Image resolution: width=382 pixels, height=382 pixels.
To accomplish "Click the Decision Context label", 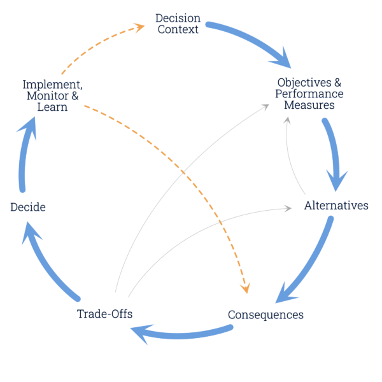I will coord(177,24).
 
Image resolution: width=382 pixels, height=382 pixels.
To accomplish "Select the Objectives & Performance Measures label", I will coord(309,94).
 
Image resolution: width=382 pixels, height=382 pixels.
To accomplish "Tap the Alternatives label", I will coord(336,206).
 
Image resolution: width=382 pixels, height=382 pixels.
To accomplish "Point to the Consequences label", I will coord(265,315).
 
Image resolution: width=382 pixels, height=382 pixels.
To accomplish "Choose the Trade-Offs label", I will coord(104,313).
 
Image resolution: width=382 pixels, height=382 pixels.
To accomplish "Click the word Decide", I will coord(27,207).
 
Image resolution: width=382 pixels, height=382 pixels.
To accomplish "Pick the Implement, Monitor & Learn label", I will coord(52,95).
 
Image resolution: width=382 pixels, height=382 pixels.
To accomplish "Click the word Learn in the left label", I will coord(52,108).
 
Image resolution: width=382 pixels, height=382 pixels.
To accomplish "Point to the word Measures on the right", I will coord(309,105).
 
